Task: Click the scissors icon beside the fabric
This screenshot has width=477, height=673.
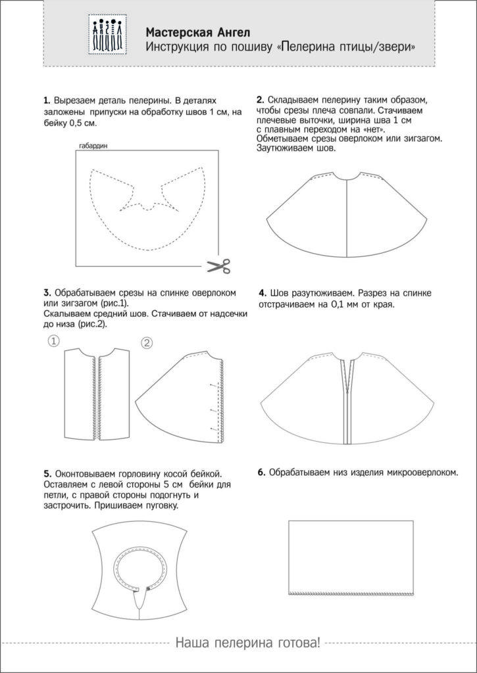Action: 219,266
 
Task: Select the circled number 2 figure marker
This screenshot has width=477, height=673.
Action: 147,342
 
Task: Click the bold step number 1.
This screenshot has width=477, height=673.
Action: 47,101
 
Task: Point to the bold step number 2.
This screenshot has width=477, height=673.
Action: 261,100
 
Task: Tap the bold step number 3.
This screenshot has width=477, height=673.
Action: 47,292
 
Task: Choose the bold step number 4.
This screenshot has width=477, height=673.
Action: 263,292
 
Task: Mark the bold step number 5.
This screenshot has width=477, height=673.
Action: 47,473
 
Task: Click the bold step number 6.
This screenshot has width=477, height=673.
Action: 261,473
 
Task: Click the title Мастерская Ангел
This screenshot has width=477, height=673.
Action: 188,32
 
